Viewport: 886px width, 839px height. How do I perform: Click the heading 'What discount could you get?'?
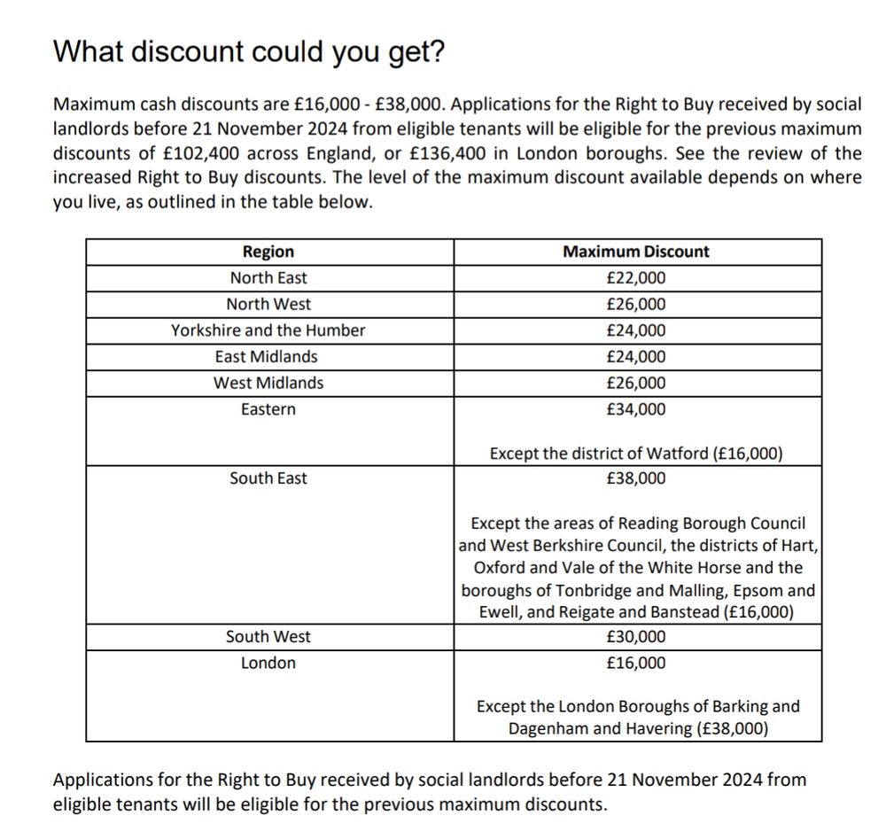pos(249,52)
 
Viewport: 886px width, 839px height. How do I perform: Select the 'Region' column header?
pos(268,252)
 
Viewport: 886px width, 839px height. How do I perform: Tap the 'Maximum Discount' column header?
pos(636,252)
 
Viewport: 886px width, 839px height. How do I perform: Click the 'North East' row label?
pos(268,278)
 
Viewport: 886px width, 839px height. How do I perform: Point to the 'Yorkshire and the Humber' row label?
pos(268,330)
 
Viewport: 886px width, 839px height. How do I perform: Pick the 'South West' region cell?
pos(268,637)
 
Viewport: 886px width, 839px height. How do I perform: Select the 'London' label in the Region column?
pos(268,664)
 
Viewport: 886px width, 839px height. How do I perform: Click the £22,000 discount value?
pos(636,278)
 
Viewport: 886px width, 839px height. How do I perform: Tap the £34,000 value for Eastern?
pos(636,409)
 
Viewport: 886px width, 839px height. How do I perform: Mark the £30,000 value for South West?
pos(636,637)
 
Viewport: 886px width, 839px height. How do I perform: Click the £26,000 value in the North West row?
pos(636,305)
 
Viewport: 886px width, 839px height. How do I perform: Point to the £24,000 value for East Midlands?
pos(636,357)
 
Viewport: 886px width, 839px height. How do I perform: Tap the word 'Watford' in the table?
pos(678,454)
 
